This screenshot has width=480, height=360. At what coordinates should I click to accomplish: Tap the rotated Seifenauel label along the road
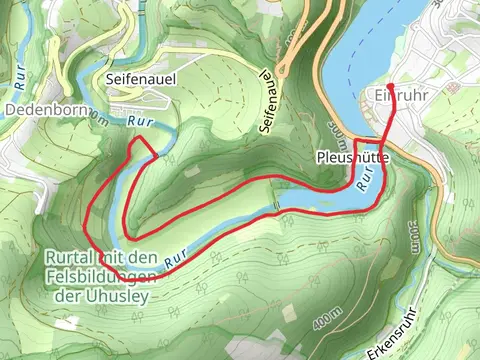tap(268, 104)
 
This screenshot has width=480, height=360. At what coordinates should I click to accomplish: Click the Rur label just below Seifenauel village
tap(139, 120)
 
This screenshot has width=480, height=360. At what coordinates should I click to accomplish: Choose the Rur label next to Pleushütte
tap(368, 177)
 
